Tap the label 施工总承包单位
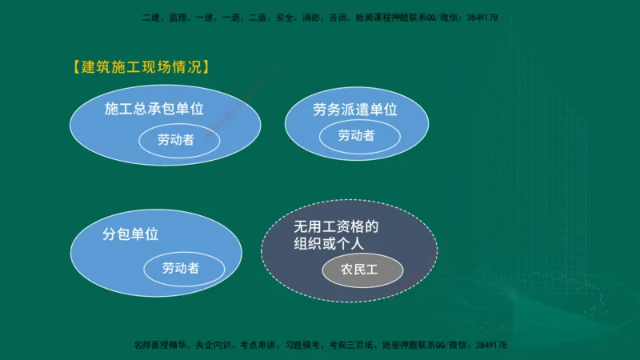point(154,109)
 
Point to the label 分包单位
point(130,234)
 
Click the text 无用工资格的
point(335,227)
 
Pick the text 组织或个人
point(326,246)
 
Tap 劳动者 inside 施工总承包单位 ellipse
point(175,139)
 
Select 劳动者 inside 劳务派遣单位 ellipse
point(356,136)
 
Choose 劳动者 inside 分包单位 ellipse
point(181,268)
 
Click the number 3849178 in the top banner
point(479,17)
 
